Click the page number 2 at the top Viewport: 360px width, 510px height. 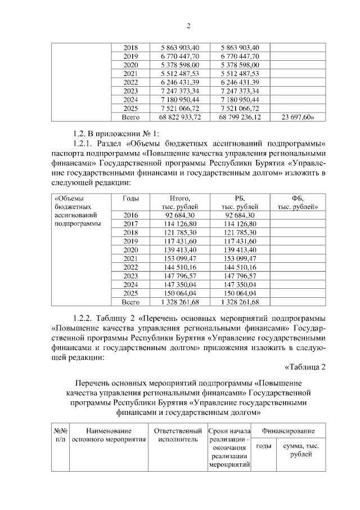(x=189, y=26)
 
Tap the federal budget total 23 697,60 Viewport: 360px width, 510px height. (x=296, y=117)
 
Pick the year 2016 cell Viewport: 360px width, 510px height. (x=130, y=215)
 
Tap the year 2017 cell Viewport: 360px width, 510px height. (x=130, y=223)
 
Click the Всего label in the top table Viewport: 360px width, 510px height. (x=130, y=117)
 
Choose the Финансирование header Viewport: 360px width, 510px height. (x=284, y=431)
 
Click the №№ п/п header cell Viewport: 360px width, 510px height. (x=61, y=434)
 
